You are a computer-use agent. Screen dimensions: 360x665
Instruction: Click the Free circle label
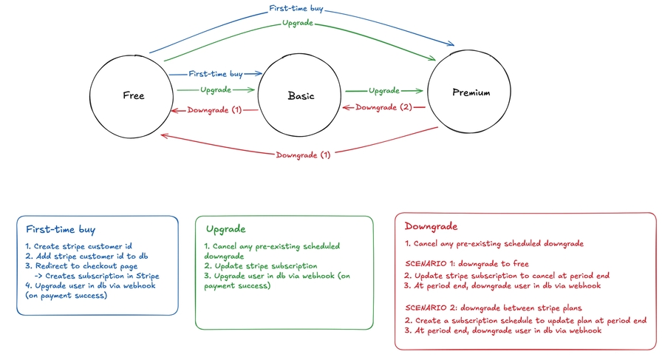tap(134, 96)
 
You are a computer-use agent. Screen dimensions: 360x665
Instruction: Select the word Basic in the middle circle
tap(301, 96)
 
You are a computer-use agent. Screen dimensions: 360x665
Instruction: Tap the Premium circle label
tap(471, 92)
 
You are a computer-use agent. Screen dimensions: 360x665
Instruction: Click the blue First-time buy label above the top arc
tap(296, 11)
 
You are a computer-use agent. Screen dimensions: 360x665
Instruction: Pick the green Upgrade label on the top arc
tap(296, 24)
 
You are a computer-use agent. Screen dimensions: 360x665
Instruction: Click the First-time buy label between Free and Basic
tap(216, 74)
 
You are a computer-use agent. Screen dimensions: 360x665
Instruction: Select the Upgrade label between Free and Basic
tap(216, 89)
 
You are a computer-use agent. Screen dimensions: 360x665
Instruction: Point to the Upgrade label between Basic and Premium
tap(384, 90)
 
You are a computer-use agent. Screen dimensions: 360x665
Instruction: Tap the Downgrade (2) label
tap(384, 107)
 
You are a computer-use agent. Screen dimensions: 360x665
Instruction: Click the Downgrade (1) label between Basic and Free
tap(214, 110)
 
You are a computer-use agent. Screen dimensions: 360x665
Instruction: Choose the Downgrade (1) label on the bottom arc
tap(304, 155)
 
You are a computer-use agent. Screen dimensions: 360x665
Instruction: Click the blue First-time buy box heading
tap(61, 229)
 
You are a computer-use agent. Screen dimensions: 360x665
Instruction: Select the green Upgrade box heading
tap(226, 230)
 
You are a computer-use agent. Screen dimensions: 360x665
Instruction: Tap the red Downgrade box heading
tap(432, 226)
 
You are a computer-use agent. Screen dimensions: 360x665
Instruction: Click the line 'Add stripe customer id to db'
tap(87, 255)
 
